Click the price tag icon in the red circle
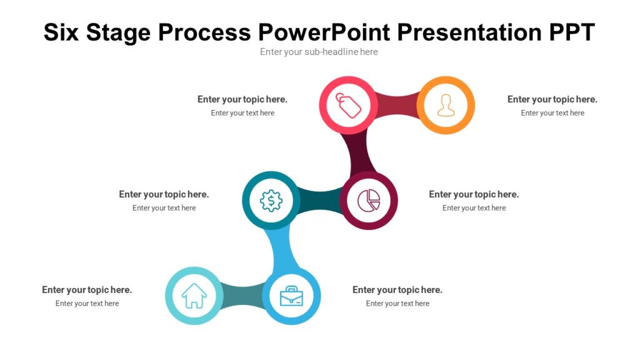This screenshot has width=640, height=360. (x=349, y=105)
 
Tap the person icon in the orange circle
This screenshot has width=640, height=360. (x=446, y=105)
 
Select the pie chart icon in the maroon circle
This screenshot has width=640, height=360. (x=369, y=201)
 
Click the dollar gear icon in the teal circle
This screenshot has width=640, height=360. (x=271, y=201)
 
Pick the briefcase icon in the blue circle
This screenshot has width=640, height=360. (x=291, y=296)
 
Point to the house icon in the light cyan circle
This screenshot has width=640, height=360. (x=194, y=296)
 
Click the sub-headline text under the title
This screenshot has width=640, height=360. (x=319, y=52)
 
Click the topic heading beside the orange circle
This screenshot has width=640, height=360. (x=552, y=99)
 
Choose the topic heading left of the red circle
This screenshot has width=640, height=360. (x=242, y=99)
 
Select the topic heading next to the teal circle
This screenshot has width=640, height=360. (x=164, y=194)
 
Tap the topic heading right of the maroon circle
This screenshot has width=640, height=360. (x=474, y=194)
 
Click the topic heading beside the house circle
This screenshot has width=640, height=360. (x=87, y=290)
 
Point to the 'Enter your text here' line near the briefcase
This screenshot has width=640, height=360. (x=397, y=304)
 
